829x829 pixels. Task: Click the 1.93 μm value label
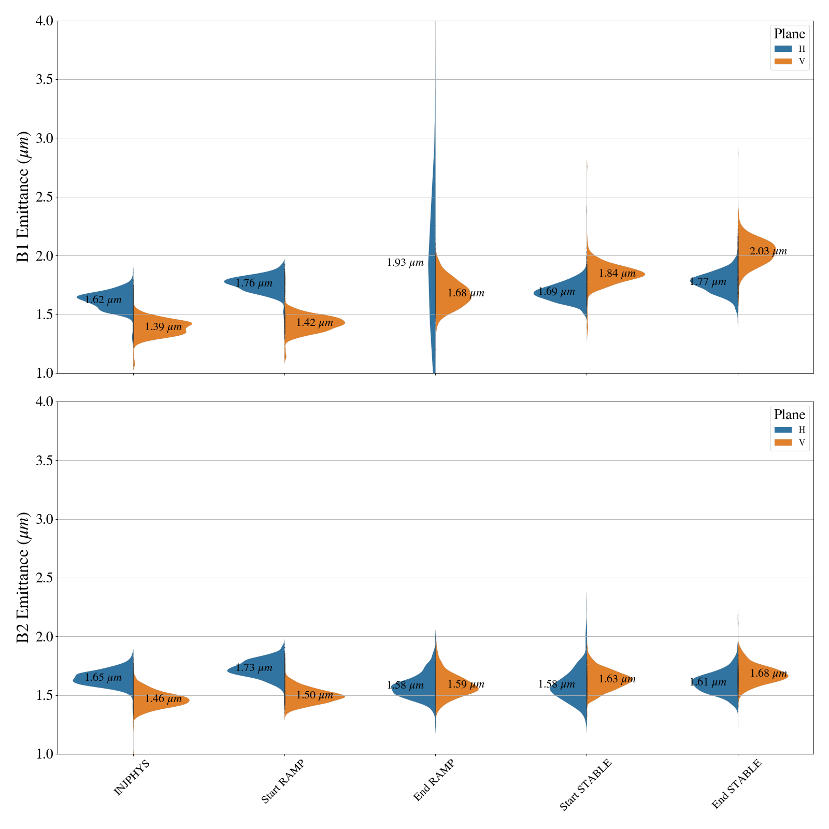pyautogui.click(x=405, y=263)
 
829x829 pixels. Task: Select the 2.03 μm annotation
pyautogui.click(x=768, y=251)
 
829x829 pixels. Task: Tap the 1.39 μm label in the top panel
pyautogui.click(x=163, y=327)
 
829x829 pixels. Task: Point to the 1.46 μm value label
pyautogui.click(x=163, y=699)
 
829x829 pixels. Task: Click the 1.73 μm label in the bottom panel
pyautogui.click(x=254, y=668)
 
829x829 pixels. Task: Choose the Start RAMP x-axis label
pyautogui.click(x=282, y=781)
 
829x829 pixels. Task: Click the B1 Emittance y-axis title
pyautogui.click(x=23, y=197)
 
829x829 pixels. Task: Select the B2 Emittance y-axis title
pyautogui.click(x=23, y=578)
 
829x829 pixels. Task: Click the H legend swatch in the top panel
pyautogui.click(x=783, y=49)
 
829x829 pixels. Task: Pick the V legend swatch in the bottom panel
pyautogui.click(x=783, y=442)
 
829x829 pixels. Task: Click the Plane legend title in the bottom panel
pyautogui.click(x=789, y=415)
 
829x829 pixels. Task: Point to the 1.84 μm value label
pyautogui.click(x=617, y=274)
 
